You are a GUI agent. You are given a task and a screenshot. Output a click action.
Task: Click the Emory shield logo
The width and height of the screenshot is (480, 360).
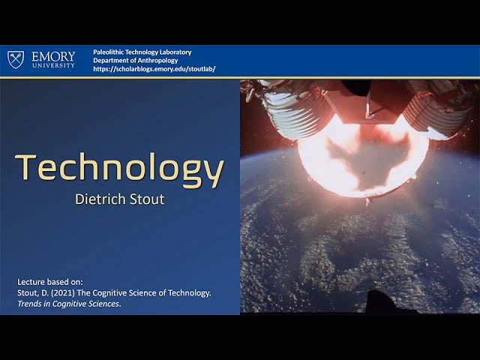point(16,59)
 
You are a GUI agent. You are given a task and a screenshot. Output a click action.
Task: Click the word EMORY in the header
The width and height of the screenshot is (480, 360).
point(53,57)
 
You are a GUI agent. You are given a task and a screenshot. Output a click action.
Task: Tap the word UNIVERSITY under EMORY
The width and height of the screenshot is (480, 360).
point(53,65)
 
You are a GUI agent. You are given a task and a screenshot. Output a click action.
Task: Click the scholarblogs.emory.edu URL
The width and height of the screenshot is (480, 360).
point(154,69)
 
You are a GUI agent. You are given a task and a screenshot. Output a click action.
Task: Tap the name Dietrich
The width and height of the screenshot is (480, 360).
point(100,199)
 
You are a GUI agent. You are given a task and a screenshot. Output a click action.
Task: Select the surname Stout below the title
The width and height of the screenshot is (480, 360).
point(147,199)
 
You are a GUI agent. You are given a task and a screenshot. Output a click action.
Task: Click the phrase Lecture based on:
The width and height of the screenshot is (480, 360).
point(50,282)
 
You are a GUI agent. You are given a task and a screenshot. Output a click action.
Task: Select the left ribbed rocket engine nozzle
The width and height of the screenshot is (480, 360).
point(295,114)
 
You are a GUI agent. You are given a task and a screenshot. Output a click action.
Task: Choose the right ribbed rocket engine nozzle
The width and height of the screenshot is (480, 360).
point(437,111)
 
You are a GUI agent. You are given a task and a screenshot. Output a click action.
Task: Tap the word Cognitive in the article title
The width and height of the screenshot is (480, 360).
point(109,293)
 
